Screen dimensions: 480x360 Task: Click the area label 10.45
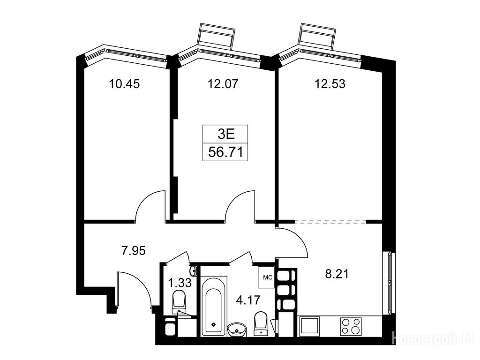124,83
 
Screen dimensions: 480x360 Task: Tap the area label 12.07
223,83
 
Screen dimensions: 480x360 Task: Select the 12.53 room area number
330,83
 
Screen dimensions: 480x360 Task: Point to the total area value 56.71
225,152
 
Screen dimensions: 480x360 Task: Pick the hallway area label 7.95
134,251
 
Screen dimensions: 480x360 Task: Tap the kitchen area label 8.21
337,274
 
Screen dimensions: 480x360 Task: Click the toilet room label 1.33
180,282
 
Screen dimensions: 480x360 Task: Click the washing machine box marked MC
266,277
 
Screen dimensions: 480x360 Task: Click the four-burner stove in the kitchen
351,326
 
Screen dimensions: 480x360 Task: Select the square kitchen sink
309,326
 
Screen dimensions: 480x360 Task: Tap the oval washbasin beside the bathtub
237,330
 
